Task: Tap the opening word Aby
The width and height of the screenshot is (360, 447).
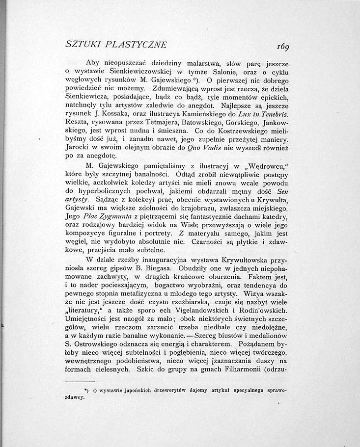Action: click(94, 63)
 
